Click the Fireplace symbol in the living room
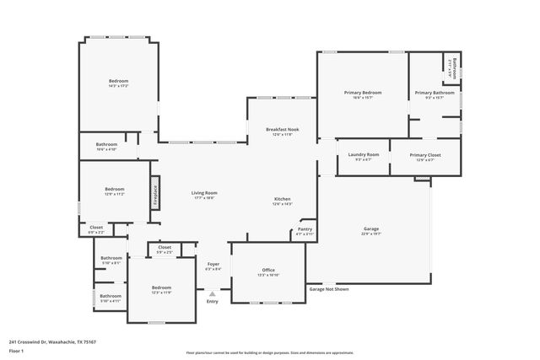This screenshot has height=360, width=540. tap(155, 191)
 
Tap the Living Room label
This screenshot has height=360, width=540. tap(204, 193)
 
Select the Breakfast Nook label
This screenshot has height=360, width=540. tap(282, 129)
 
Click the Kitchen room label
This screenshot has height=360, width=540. tap(282, 199)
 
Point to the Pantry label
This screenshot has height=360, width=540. tap(305, 229)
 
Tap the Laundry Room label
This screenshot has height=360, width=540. tap(363, 155)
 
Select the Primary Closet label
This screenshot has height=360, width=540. tap(424, 155)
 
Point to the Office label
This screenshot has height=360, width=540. tap(267, 271)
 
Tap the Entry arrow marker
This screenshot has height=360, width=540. tap(213, 293)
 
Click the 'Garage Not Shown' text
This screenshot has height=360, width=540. tap(328, 289)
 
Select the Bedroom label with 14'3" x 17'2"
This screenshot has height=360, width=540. tap(117, 81)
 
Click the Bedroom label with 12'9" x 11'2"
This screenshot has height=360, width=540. tap(114, 189)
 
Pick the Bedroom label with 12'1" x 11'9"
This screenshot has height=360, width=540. tap(161, 287)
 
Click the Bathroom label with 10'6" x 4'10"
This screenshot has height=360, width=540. tap(106, 144)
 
